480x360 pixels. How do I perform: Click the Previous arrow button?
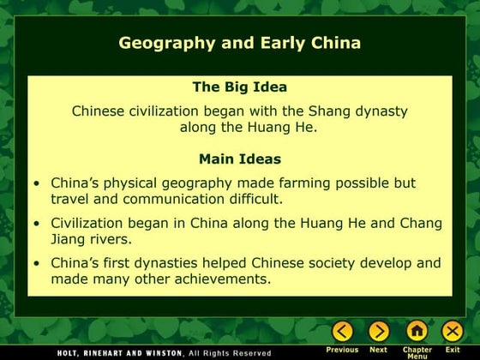coord(342,331)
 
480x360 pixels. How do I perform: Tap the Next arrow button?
coord(378,331)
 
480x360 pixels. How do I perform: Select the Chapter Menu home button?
coord(417,331)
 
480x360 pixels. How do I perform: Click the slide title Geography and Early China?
coord(239,42)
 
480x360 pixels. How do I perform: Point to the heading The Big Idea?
coord(239,87)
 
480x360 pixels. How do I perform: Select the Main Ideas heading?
coord(239,159)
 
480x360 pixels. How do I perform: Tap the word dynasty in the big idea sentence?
coord(375,111)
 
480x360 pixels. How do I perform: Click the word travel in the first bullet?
coord(70,199)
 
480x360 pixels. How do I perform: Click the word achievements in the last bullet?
coord(220,279)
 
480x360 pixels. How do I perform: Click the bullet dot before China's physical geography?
coord(36,183)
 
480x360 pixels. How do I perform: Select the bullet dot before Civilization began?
coord(36,223)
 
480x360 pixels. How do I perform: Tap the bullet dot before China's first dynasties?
coord(36,263)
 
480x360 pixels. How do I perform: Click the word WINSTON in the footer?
coord(156,352)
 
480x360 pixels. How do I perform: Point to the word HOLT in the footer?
coord(69,352)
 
